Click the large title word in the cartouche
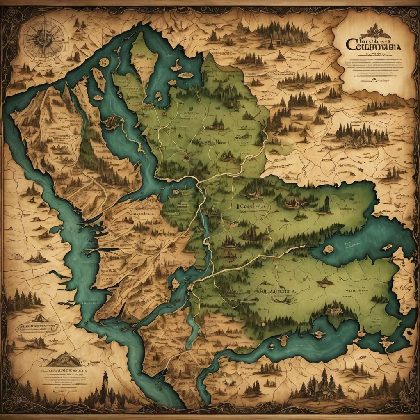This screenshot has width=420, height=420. (x=374, y=45)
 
